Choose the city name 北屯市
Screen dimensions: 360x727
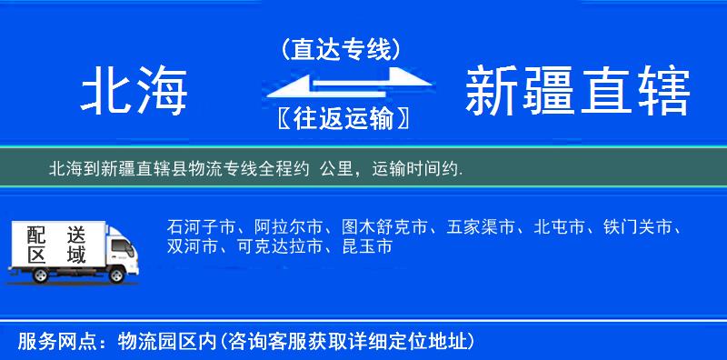pos(559,225)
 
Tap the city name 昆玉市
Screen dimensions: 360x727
pos(367,246)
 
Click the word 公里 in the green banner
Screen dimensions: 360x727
pos(337,169)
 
